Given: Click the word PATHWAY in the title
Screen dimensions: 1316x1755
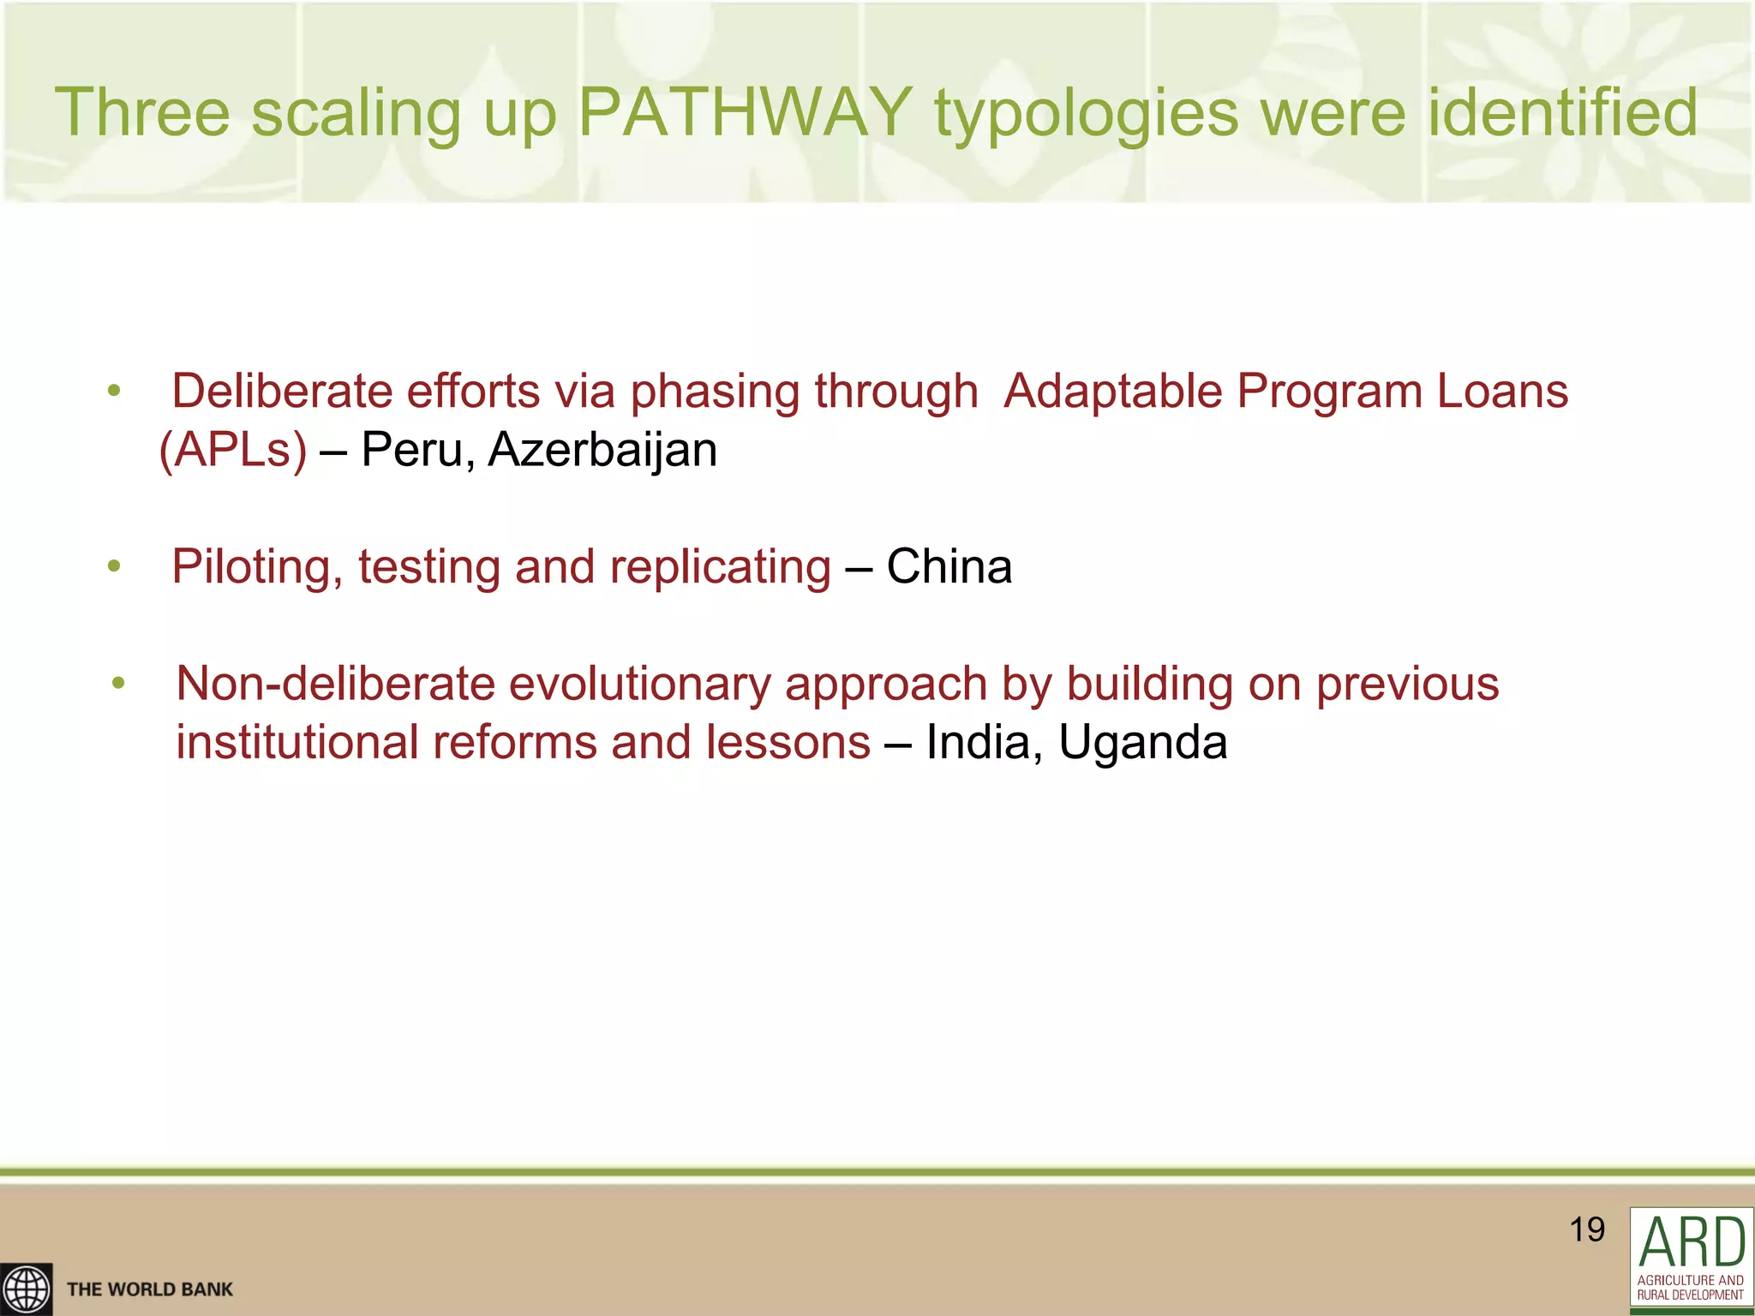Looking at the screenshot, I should click(745, 112).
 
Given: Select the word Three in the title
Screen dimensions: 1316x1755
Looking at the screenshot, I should click(142, 112).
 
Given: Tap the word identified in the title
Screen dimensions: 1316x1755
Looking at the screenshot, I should click(1561, 112).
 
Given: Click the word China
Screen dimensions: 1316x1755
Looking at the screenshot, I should click(949, 567).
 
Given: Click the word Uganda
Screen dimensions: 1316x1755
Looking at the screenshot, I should click(1142, 743).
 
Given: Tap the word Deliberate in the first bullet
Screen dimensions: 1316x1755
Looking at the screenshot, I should click(281, 392).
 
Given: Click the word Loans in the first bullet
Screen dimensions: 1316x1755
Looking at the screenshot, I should click(1502, 392).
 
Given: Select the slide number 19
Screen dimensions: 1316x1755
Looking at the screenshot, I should click(1587, 1229).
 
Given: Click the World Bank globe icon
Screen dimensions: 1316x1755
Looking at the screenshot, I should click(26, 1289).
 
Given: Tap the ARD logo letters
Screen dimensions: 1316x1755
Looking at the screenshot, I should click(1692, 1243).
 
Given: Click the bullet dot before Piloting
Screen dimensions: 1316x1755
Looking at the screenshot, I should click(114, 566).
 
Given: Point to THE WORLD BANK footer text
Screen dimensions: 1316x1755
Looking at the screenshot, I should click(150, 1289).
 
